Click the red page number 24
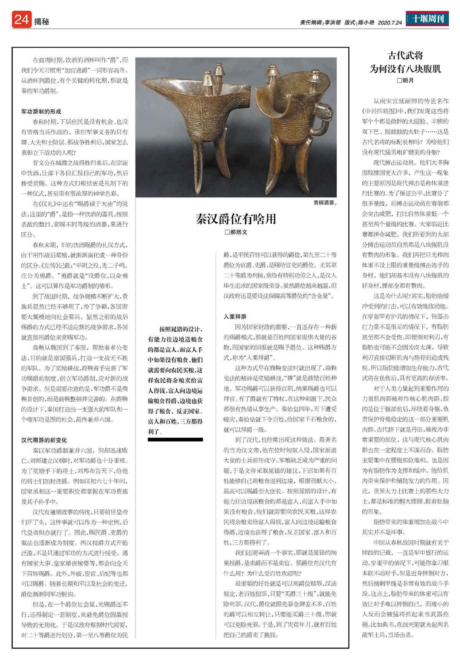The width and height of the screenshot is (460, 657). [21, 19]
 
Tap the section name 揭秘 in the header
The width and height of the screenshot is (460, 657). [41, 22]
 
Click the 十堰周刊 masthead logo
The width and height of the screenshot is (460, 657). [428, 18]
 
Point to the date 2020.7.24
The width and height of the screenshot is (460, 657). [390, 23]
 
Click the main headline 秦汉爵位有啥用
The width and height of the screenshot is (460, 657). [236, 219]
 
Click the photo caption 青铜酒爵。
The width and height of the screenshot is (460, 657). [325, 203]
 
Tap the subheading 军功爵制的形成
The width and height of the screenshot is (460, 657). [41, 112]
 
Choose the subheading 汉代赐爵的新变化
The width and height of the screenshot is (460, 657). [44, 440]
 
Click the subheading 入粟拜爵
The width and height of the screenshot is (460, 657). [235, 316]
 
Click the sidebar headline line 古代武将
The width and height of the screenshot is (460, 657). [405, 56]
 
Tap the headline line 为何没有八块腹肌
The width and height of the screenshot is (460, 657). [405, 69]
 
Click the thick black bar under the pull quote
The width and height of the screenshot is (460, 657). [175, 440]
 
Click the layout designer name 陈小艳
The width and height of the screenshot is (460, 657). [366, 23]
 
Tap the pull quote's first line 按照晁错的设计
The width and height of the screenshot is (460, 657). [181, 329]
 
